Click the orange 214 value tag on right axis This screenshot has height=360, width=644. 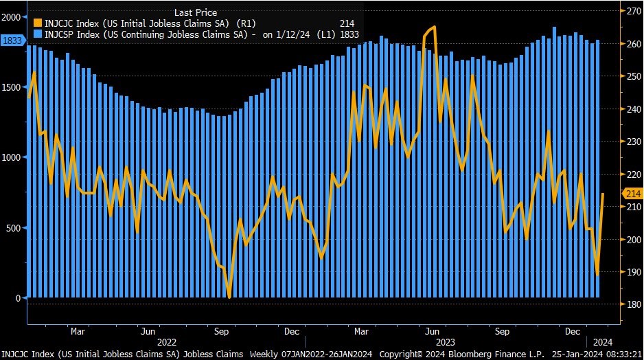[x=632, y=194]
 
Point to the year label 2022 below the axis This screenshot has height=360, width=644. [x=168, y=341]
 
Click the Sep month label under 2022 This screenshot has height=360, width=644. [x=221, y=331]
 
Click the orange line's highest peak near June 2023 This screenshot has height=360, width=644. [x=434, y=27]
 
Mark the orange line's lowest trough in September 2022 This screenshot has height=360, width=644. [x=229, y=297]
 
